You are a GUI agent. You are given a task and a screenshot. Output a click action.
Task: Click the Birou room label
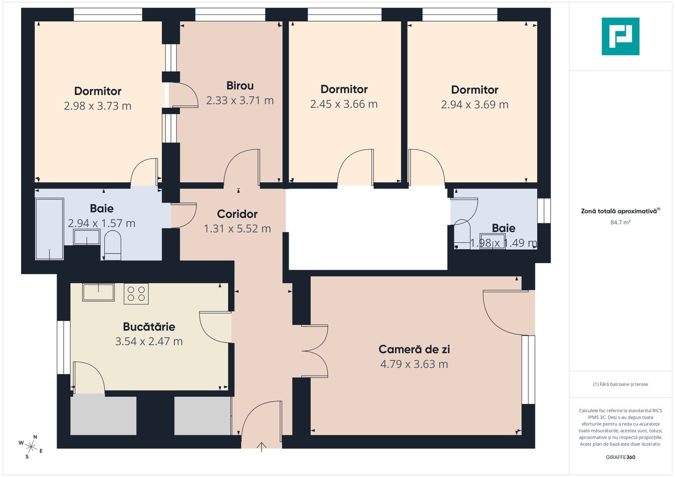click(240, 86)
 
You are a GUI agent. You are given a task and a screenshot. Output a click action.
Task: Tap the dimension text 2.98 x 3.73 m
click(98, 106)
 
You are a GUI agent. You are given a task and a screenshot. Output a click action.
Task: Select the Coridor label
click(237, 214)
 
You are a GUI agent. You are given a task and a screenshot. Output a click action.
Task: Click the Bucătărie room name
click(149, 327)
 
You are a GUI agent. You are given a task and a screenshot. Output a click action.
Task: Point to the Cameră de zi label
click(414, 349)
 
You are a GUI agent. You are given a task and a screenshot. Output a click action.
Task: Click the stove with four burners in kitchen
click(136, 294)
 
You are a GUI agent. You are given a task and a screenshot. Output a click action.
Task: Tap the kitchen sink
click(98, 292)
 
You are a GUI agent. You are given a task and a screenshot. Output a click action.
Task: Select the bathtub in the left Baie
click(50, 229)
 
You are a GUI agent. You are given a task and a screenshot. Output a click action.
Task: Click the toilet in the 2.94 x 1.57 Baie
click(112, 246)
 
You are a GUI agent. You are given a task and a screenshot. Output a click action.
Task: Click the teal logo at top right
click(620, 36)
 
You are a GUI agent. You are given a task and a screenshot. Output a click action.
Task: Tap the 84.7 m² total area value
click(620, 223)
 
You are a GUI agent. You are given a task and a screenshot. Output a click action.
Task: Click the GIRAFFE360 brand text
click(620, 457)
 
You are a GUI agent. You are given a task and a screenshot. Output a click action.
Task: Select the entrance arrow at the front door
click(262, 447)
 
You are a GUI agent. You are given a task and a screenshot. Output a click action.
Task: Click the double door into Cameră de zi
click(315, 352)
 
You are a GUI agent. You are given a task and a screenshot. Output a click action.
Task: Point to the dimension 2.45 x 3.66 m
click(344, 104)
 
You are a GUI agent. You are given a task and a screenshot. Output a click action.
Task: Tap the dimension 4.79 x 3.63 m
click(414, 364)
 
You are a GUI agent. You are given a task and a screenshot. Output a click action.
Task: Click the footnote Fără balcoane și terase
click(620, 384)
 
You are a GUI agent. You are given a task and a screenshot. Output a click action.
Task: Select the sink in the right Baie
click(492, 242)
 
